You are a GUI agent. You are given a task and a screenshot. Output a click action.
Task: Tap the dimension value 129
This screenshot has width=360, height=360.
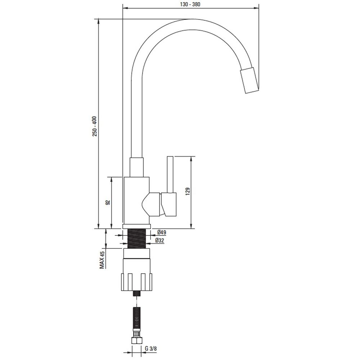[187, 192]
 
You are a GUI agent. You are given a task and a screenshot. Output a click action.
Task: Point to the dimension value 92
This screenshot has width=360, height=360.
[107, 203]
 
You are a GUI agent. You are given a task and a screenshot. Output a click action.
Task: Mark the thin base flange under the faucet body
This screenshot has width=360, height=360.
[136, 226]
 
